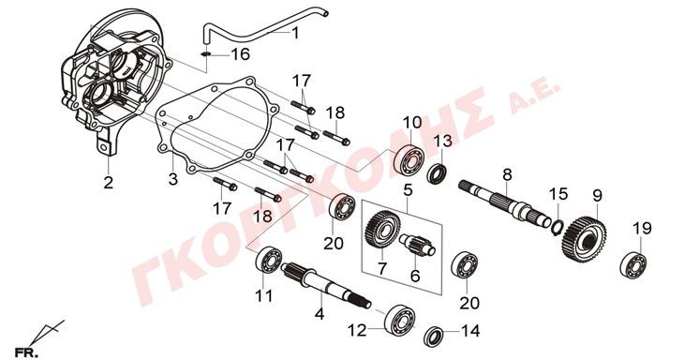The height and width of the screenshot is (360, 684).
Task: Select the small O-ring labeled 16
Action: coord(207,54)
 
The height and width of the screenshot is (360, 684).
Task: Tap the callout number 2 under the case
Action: coord(108,183)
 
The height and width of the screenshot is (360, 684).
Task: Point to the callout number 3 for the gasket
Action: coord(173,179)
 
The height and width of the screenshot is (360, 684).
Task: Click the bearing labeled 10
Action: coord(409,158)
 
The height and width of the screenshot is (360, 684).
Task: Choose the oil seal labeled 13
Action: coord(437,172)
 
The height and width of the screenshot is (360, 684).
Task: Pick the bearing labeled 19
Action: coord(633,264)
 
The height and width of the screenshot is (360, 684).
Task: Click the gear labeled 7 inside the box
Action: coord(379,229)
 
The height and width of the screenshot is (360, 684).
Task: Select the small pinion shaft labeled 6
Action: coord(418,245)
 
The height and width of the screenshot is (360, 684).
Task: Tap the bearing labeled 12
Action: coord(399,320)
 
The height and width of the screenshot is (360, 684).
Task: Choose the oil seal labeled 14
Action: coord(435,336)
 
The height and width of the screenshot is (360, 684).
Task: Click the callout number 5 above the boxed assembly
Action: coord(408,191)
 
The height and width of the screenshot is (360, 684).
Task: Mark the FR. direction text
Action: coord(25,352)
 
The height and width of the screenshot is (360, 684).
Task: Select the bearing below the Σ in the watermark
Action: coord(464,265)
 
